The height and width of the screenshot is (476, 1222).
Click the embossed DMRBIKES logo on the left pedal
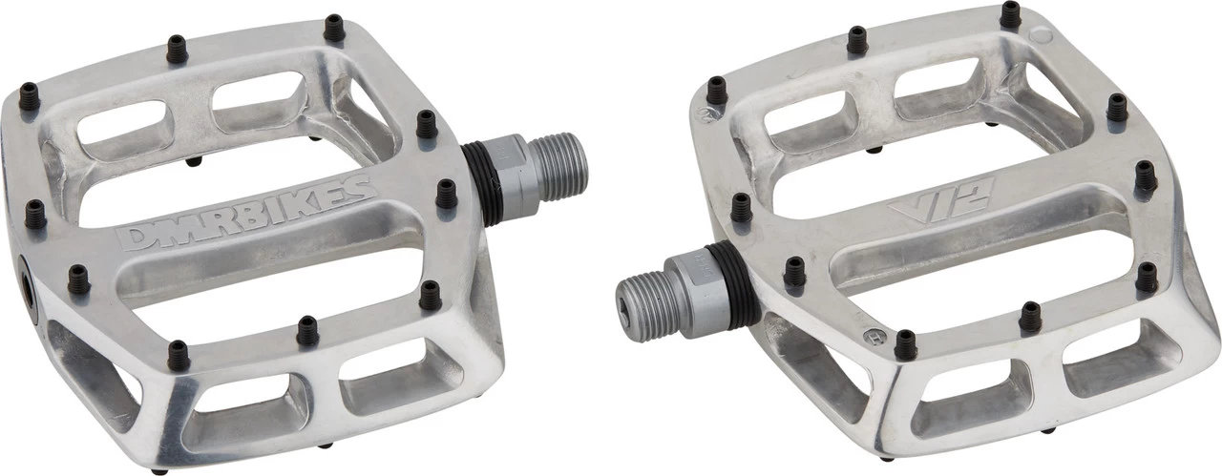coord(246,213)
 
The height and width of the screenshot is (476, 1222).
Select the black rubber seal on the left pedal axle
coord(480,183)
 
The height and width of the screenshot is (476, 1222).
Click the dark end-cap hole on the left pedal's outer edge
coord(28,287)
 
